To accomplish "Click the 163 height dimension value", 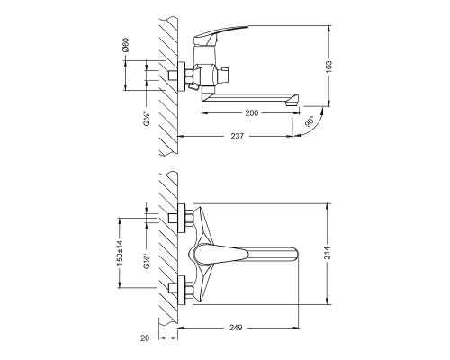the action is pyautogui.click(x=329, y=67).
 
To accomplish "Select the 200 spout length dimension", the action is pyautogui.click(x=252, y=113).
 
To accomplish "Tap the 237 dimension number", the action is pyautogui.click(x=238, y=136).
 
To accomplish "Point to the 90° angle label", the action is pyautogui.click(x=310, y=121).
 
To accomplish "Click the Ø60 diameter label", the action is pyautogui.click(x=125, y=45).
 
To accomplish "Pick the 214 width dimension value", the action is pyautogui.click(x=328, y=253).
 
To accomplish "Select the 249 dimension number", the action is pyautogui.click(x=236, y=328).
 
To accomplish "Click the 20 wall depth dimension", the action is pyautogui.click(x=145, y=338).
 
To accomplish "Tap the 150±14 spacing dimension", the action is pyautogui.click(x=120, y=253).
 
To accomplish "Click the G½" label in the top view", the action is pyautogui.click(x=147, y=118).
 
